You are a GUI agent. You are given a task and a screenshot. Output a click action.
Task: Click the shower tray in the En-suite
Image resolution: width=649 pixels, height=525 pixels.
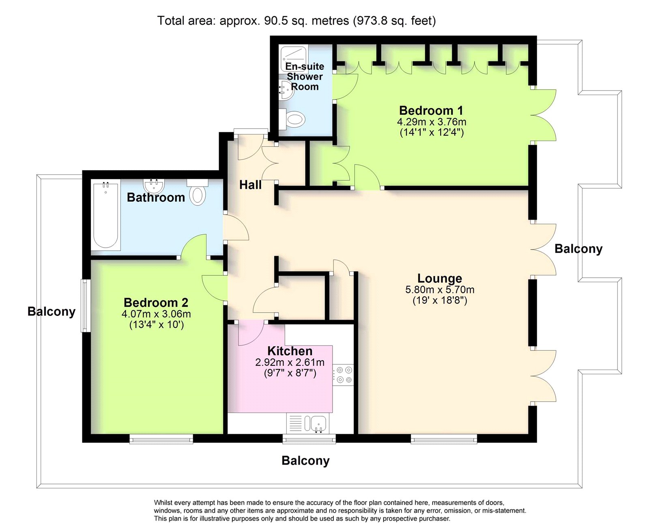(293, 58)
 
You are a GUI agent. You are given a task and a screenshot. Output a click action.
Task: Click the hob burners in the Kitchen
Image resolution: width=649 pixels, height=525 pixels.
(344, 375)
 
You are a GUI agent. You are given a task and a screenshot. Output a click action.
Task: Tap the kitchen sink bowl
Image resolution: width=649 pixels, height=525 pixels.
(318, 424)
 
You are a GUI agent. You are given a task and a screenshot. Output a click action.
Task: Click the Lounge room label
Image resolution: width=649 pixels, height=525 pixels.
(439, 278)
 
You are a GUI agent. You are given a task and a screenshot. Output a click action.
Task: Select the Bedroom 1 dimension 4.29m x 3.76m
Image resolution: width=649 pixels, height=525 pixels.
(432, 122)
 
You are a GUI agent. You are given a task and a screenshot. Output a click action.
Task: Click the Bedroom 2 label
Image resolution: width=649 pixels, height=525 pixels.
(156, 302)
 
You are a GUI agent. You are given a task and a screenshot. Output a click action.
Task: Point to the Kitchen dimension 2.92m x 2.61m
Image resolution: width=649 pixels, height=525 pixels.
(290, 363)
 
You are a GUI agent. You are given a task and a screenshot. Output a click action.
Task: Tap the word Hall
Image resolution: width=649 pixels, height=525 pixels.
(250, 185)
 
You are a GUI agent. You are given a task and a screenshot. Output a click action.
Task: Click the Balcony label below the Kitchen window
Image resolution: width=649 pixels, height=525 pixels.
(305, 460)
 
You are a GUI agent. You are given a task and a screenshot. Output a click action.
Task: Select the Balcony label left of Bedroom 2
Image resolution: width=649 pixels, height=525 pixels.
(51, 311)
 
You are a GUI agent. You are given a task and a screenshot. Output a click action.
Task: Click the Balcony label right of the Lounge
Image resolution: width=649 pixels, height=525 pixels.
(578, 248)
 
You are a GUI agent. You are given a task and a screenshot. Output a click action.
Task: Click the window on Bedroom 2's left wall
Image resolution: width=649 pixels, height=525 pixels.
(84, 306)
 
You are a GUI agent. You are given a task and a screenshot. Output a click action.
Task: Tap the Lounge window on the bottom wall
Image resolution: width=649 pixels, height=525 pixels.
(444, 439)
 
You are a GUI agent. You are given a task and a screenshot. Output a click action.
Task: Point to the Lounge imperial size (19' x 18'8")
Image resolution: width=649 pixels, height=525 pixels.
(440, 300)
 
